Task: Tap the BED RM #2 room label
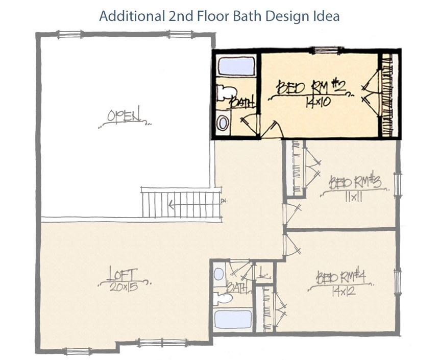pyautogui.click(x=311, y=87)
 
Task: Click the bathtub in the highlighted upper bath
pyautogui.click(x=232, y=66)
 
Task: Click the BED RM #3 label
pyautogui.click(x=356, y=182)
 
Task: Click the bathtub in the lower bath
pyautogui.click(x=232, y=319)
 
